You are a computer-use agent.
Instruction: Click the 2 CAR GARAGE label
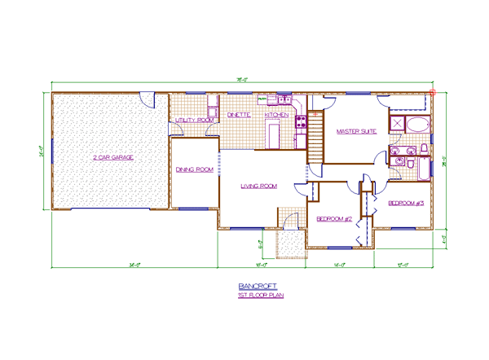point(113,156)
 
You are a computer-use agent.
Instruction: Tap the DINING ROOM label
point(195,169)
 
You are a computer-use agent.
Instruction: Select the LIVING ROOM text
point(258,187)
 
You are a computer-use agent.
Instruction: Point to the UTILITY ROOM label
point(195,120)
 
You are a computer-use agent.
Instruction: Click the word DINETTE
point(239,116)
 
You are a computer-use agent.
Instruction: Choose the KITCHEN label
point(276,116)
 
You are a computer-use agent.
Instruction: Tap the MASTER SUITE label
point(356,130)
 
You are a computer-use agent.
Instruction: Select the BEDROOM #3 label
point(406,202)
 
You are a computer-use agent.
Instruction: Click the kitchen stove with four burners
point(301,123)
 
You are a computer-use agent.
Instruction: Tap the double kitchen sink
point(284,100)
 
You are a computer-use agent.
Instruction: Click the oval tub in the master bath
point(416,125)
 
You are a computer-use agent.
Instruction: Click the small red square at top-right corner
point(432,92)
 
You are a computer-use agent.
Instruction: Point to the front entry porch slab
point(289,243)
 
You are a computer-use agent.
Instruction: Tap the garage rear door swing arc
point(147,99)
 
